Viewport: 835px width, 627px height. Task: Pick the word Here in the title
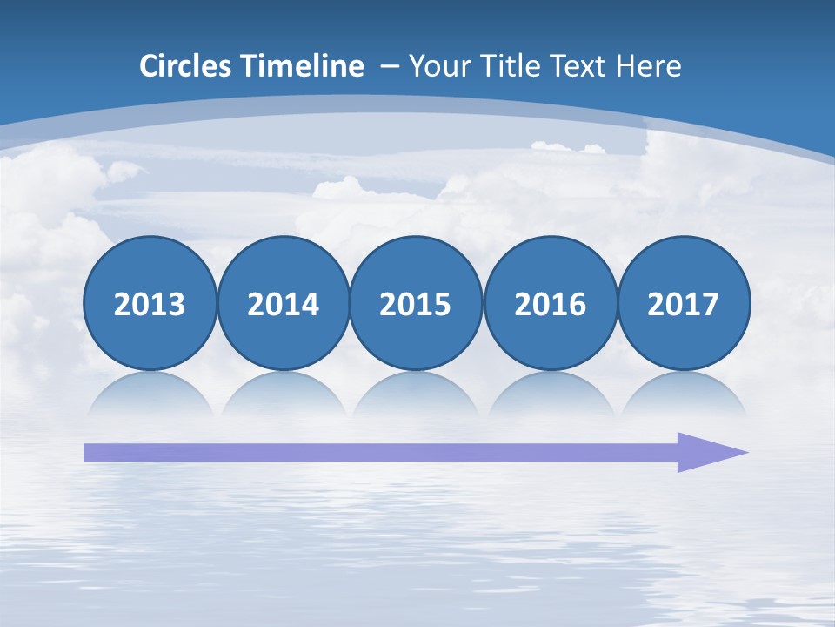(x=648, y=66)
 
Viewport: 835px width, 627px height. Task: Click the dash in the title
(x=390, y=66)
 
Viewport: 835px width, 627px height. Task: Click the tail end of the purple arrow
(x=90, y=452)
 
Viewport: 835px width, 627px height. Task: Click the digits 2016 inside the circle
(x=550, y=305)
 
